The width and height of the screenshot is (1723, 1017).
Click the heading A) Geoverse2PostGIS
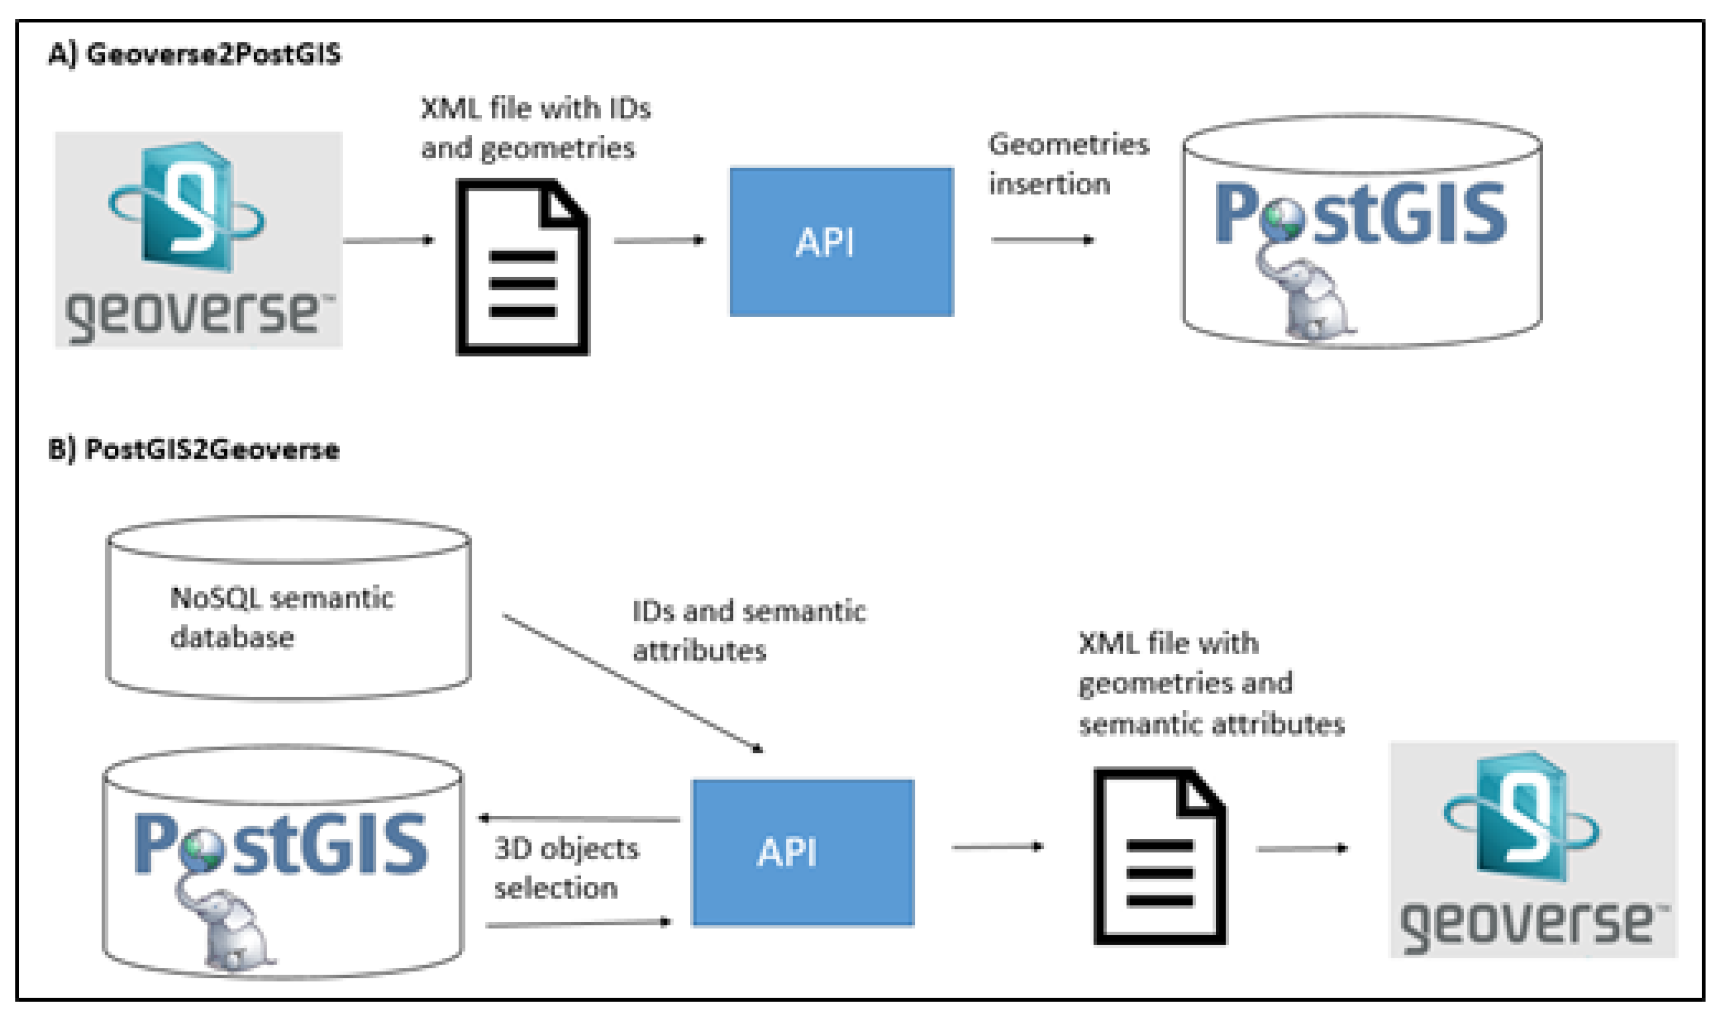pyautogui.click(x=194, y=54)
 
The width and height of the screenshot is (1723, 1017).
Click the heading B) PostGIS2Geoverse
pyautogui.click(x=194, y=450)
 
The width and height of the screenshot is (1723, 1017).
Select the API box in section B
pyautogui.click(x=803, y=853)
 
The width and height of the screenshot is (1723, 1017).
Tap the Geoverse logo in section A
pyautogui.click(x=199, y=240)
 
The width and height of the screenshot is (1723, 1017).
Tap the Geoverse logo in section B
pyautogui.click(x=1532, y=850)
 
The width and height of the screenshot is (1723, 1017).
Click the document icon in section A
pyautogui.click(x=523, y=267)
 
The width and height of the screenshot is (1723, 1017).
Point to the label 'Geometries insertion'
pyautogui.click(x=1067, y=164)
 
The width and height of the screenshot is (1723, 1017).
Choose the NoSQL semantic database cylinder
pyautogui.click(x=288, y=610)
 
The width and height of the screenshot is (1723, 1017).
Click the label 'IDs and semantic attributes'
pyautogui.click(x=748, y=630)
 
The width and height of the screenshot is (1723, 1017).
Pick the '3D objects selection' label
pyautogui.click(x=566, y=868)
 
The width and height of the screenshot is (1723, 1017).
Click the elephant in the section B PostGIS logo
pyautogui.click(x=226, y=929)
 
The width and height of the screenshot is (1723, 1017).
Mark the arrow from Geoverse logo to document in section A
pyautogui.click(x=389, y=241)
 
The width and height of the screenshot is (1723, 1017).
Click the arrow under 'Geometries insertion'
pyautogui.click(x=1042, y=240)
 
